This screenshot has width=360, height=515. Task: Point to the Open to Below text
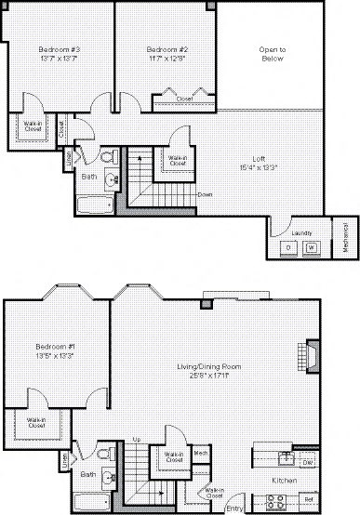click(272, 52)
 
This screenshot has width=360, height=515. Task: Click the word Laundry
click(301, 232)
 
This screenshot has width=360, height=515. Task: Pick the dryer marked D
click(288, 247)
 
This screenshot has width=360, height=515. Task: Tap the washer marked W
click(312, 247)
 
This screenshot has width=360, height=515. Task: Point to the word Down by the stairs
click(206, 193)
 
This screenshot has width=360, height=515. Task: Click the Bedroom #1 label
click(55, 349)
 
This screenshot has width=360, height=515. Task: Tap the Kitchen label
click(284, 481)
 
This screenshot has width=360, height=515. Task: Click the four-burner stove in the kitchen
click(276, 501)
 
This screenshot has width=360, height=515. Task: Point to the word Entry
click(235, 508)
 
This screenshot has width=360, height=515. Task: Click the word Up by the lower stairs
click(136, 440)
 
